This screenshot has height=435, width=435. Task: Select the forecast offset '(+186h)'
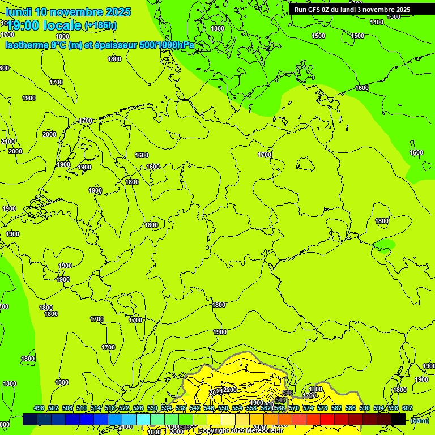point(101,25)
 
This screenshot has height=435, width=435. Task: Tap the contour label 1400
point(377,22)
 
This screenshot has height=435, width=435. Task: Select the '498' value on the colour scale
point(39,408)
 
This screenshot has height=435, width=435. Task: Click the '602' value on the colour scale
point(407,408)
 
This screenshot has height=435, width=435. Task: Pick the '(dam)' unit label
point(420,420)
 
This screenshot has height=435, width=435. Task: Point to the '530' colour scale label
point(152,408)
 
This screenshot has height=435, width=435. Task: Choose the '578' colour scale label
point(322,408)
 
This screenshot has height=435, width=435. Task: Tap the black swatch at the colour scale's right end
point(398,419)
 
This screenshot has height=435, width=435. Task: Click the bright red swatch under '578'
point(327,419)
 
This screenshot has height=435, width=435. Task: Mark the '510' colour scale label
point(82,408)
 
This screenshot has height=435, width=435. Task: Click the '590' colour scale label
point(365,408)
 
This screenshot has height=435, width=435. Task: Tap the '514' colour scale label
point(96,408)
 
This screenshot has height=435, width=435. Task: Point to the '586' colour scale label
point(351,408)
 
